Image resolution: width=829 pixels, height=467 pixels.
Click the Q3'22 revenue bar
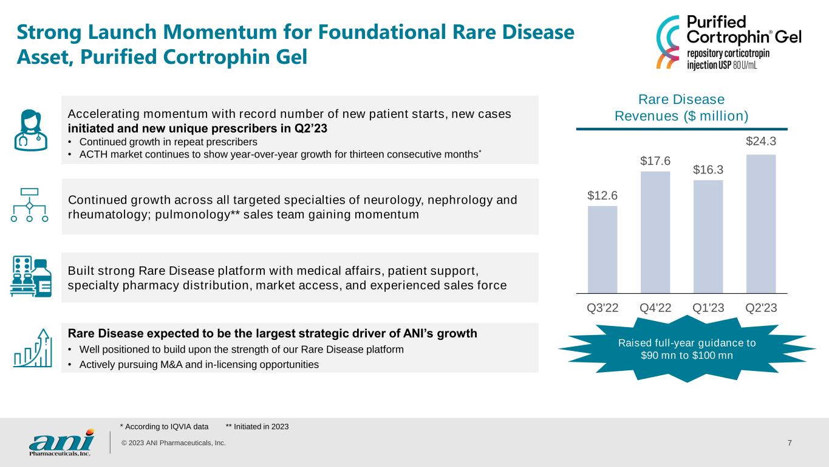[x=602, y=249]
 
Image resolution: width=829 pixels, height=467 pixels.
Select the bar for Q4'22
[x=655, y=232]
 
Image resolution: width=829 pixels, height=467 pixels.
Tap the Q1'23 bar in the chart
[x=708, y=237]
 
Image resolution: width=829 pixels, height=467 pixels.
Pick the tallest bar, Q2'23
[x=761, y=224]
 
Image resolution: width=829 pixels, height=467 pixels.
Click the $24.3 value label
[x=761, y=141]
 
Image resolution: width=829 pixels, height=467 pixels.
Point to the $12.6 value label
[x=602, y=195]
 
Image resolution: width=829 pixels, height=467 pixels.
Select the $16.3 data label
[x=708, y=170]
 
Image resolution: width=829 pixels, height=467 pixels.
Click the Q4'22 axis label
[x=655, y=308]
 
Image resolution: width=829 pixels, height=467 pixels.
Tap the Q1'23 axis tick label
[x=708, y=308]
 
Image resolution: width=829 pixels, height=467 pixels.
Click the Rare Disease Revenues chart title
[x=681, y=108]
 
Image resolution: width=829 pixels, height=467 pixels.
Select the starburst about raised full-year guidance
[x=687, y=349]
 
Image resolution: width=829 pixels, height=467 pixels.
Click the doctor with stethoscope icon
[x=31, y=130]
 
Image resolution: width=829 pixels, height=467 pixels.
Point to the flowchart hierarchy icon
[x=30, y=205]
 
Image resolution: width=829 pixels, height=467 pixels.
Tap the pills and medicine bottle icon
[x=31, y=276]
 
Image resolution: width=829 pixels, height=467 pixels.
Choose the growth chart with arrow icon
[x=33, y=348]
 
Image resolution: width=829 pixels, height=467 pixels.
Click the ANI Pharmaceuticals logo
[x=61, y=443]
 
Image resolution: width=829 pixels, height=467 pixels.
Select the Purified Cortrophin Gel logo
[x=728, y=42]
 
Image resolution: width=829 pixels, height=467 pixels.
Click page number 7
[x=790, y=443]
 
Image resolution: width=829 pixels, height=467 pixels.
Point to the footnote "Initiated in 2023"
[x=258, y=427]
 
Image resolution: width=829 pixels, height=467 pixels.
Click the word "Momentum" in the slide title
[x=220, y=32]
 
